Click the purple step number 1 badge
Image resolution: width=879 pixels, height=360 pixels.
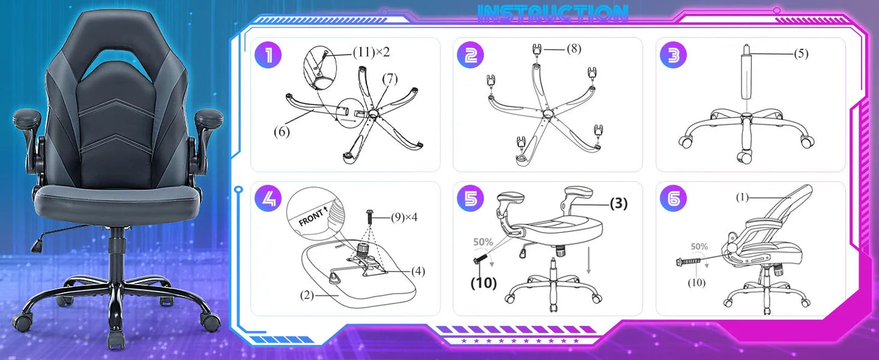click(268, 55)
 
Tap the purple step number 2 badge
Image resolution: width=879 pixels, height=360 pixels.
click(470, 55)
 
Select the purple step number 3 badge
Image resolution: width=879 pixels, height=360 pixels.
click(673, 55)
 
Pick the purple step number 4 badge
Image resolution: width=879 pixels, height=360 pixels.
click(268, 198)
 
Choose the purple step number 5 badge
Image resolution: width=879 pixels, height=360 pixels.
click(470, 198)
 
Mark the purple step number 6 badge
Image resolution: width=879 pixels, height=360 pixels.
click(673, 198)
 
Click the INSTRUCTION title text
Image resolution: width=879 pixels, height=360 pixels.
click(553, 14)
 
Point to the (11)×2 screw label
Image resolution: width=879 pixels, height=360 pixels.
click(371, 52)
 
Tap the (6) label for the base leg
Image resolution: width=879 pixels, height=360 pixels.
click(281, 131)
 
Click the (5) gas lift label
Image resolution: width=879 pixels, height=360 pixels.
click(801, 54)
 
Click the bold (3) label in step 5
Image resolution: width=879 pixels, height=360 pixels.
click(618, 204)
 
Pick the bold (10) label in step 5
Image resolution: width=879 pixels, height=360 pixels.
click(484, 283)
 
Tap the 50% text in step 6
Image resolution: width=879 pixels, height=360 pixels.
click(699, 247)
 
